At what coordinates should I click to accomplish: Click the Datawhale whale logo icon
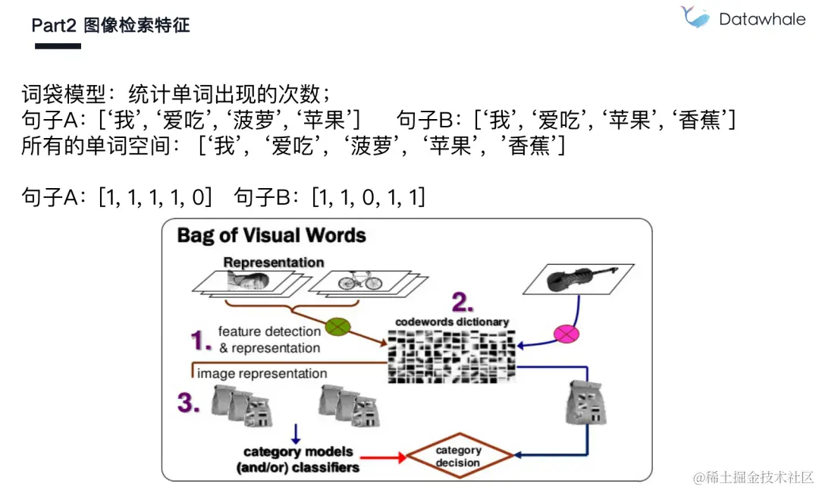[695, 17]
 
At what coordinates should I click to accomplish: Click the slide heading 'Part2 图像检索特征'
[111, 25]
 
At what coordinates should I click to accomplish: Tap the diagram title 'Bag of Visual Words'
[271, 235]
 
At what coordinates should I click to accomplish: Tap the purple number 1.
[200, 341]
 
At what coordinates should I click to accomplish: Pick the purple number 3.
[189, 403]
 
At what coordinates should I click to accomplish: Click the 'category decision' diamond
[458, 456]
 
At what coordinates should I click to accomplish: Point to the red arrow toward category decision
[384, 457]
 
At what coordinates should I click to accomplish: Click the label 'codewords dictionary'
[452, 322]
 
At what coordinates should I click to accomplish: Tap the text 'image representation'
[262, 373]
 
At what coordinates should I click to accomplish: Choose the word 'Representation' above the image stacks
[273, 262]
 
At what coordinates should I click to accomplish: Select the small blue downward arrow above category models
[296, 433]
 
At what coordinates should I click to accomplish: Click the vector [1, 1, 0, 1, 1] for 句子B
[369, 198]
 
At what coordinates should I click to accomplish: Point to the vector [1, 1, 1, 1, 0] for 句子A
[155, 198]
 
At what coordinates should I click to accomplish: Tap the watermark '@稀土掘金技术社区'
[752, 477]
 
